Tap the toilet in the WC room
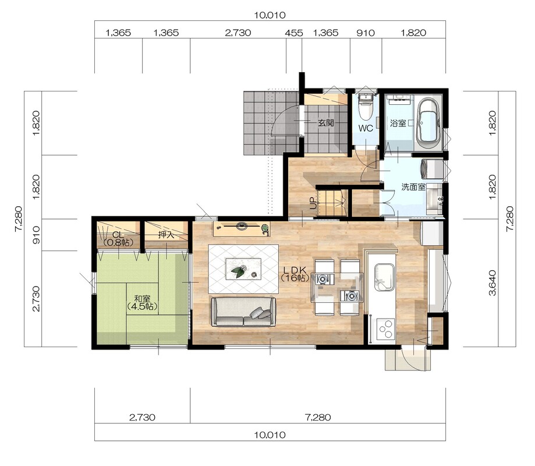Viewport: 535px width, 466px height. [x=366, y=107]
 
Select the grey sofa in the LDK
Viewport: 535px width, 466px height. [x=243, y=312]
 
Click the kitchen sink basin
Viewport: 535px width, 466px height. [x=385, y=277]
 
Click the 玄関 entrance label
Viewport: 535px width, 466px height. [x=326, y=122]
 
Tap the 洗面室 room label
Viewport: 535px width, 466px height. [x=413, y=187]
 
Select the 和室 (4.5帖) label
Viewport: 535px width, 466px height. [x=142, y=302]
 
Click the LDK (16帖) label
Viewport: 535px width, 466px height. [x=296, y=273]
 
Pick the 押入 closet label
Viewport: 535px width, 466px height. [x=166, y=235]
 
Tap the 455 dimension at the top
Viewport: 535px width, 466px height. [x=294, y=33]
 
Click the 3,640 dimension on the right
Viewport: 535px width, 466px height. [x=493, y=283]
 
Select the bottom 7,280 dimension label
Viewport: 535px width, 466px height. [x=318, y=417]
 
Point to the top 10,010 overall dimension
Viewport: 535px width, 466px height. [x=270, y=15]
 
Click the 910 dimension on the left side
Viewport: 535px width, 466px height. [x=36, y=235]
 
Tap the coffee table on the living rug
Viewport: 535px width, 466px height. [x=243, y=269]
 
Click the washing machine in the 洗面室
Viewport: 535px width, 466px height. [x=432, y=169]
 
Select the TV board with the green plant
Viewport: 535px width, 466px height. [x=242, y=228]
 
